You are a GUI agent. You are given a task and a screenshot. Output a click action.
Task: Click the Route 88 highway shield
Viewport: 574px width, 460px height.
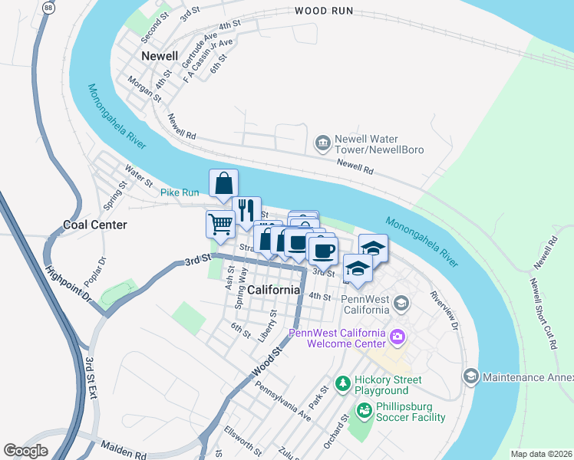pos(49,7)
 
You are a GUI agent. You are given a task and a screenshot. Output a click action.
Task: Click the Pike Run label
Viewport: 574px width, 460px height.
pos(180,192)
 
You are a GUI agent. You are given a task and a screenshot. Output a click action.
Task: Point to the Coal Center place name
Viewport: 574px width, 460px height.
pos(94,225)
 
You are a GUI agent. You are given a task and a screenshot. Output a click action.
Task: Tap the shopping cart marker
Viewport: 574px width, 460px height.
pos(220,223)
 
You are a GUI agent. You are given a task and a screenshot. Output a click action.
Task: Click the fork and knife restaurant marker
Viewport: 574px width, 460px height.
pos(246,209)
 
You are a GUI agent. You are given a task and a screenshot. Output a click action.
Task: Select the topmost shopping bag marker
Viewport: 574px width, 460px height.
pos(223,183)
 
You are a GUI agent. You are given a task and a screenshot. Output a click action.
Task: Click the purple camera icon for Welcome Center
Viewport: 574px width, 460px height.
pos(397,336)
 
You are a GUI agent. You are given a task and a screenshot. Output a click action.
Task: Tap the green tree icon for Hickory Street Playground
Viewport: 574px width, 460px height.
pos(343,382)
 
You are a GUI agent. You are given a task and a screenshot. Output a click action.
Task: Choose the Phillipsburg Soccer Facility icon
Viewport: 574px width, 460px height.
pos(362,412)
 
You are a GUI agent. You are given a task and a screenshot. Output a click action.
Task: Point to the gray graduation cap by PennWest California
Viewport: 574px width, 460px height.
pos(400,304)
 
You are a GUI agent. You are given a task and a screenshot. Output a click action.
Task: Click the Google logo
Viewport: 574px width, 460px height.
pos(25,451)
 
